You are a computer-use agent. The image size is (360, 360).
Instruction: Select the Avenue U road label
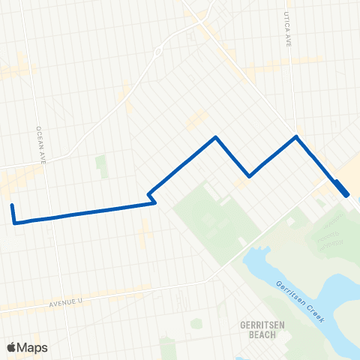[x=70, y=302]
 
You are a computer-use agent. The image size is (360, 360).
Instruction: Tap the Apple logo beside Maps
[x=11, y=347]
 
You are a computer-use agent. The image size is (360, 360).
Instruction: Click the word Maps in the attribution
[x=33, y=347]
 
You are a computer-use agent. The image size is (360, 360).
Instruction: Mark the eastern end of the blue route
[x=346, y=195]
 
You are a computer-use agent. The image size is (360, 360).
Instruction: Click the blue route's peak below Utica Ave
[x=297, y=136]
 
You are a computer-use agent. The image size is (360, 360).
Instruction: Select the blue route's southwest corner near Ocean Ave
[x=15, y=222]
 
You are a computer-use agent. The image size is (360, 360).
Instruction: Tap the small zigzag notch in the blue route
[x=152, y=197]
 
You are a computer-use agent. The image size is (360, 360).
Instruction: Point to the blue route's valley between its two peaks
[x=250, y=176]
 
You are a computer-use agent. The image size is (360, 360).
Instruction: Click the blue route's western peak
[x=216, y=137]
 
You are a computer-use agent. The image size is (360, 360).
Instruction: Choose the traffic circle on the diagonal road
[x=158, y=52]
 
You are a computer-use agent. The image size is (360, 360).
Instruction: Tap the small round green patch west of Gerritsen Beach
[x=196, y=323]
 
